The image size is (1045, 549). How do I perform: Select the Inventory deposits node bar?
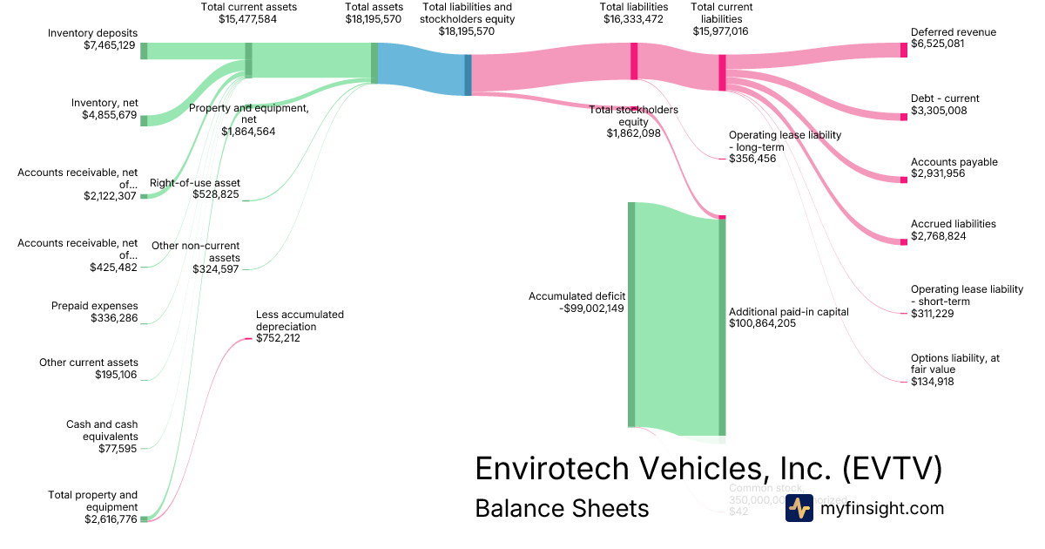point(144,51)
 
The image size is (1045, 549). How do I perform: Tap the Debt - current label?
point(945,98)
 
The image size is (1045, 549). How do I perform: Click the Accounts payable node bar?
point(903,180)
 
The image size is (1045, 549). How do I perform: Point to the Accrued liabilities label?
point(953,224)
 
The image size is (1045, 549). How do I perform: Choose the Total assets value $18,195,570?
point(374,18)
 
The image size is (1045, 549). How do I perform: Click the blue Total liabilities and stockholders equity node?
point(468,75)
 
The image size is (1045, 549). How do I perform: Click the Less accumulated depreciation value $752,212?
point(278,338)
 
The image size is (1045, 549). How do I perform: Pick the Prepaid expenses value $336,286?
point(114,318)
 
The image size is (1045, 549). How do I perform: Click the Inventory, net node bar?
point(144,120)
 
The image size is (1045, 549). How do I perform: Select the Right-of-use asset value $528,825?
point(216,194)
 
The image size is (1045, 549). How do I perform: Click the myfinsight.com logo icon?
point(799,509)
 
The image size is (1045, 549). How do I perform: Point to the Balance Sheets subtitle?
point(562,509)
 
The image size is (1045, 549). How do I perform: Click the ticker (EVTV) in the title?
point(892,468)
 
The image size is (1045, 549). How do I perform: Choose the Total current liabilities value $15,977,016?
point(721,30)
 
